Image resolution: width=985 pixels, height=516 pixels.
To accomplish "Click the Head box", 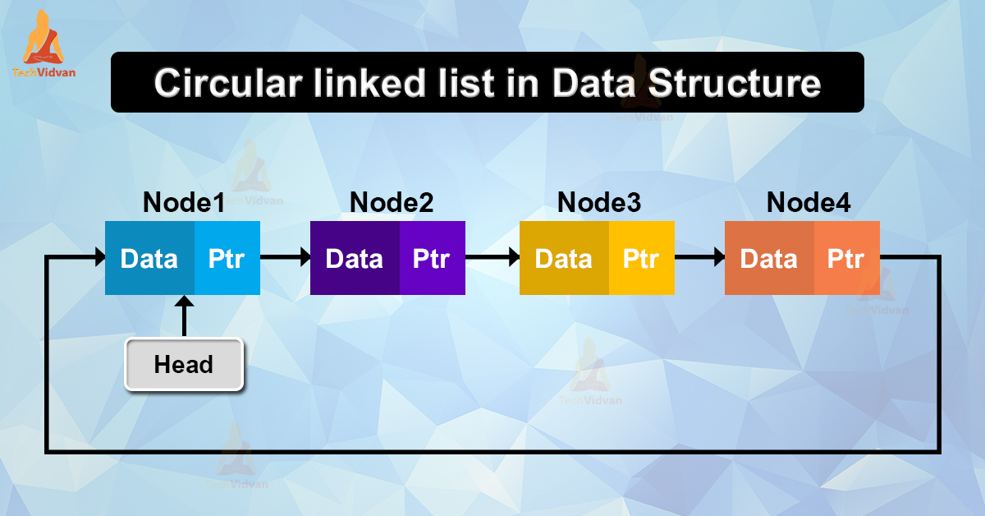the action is tap(184, 364).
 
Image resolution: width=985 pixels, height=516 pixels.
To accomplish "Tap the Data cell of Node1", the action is tap(149, 259).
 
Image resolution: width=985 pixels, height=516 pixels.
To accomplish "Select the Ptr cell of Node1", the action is tap(227, 259).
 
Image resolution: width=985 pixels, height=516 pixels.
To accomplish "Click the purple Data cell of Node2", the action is tap(355, 259).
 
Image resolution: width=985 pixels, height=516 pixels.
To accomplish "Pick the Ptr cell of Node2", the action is tap(432, 259).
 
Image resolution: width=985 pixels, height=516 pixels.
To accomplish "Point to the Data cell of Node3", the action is tap(564, 259).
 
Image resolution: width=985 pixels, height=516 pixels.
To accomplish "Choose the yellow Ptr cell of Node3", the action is tap(641, 259).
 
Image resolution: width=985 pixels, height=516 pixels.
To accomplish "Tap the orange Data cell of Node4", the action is tap(769, 259).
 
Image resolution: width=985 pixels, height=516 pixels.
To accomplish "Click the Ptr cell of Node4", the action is tap(846, 259).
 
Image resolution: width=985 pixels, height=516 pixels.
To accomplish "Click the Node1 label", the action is tap(184, 202).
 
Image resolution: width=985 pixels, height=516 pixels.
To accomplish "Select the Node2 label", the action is tap(392, 202).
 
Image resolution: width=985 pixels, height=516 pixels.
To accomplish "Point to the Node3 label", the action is tap(598, 202).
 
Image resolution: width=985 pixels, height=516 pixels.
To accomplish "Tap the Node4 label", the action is tap(808, 202).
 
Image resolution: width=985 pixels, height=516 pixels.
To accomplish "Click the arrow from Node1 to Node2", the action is tap(285, 259).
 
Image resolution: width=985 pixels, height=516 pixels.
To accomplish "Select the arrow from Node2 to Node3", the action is tap(492, 259).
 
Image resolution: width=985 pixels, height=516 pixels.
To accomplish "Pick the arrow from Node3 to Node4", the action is tap(699, 259).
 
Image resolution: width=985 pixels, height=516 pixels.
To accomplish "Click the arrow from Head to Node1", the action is tap(184, 316).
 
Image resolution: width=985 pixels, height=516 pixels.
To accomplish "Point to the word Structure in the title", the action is tap(738, 84).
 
